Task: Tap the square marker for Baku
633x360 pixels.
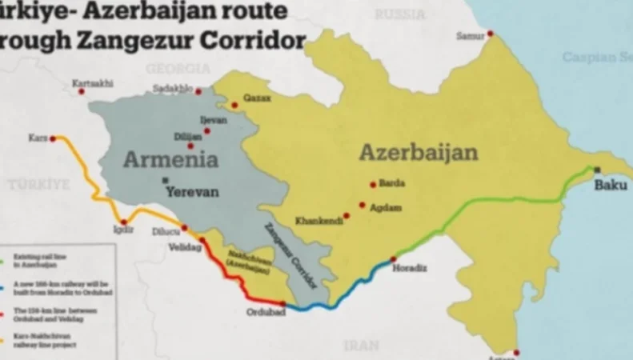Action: click(x=598, y=170)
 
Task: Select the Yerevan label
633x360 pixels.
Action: click(x=191, y=193)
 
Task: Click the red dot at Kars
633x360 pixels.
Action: click(x=53, y=138)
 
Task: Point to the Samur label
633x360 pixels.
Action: click(x=470, y=35)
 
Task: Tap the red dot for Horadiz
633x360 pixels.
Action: click(x=393, y=259)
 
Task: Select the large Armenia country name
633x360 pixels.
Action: click(x=170, y=159)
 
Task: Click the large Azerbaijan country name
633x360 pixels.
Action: click(x=418, y=152)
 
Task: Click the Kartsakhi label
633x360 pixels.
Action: click(x=92, y=83)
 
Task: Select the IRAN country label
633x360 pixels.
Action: click(x=362, y=346)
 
